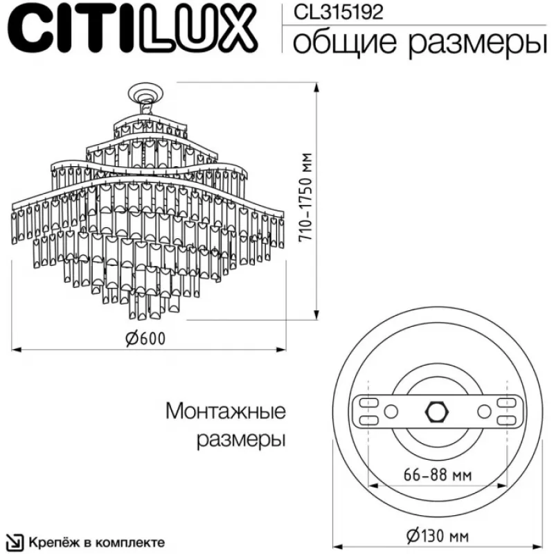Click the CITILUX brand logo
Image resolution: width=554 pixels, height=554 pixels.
(x=133, y=28)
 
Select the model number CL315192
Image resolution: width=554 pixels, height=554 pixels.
(x=339, y=12)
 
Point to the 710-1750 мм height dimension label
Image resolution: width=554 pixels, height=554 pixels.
(x=305, y=197)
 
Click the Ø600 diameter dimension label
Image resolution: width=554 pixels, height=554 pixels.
(x=145, y=339)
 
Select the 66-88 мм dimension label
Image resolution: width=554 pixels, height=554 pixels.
(x=438, y=475)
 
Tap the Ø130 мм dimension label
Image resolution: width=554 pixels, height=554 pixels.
(x=438, y=536)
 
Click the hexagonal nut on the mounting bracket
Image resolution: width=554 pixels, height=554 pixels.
(x=437, y=411)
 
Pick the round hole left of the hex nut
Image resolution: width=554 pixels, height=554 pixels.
(x=391, y=411)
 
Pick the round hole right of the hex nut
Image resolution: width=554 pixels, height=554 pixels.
(x=484, y=411)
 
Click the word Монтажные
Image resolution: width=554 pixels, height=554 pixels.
(x=226, y=411)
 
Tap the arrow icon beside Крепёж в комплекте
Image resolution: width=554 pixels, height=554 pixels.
(x=15, y=542)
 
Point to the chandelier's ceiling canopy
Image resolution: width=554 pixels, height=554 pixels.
(x=146, y=92)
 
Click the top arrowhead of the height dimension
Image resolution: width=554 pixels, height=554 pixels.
(x=317, y=87)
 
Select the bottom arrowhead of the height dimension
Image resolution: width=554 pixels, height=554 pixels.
(x=317, y=315)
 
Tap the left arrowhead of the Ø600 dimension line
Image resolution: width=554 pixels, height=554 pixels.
(x=17, y=350)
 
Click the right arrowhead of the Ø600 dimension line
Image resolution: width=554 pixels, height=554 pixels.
(x=281, y=350)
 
